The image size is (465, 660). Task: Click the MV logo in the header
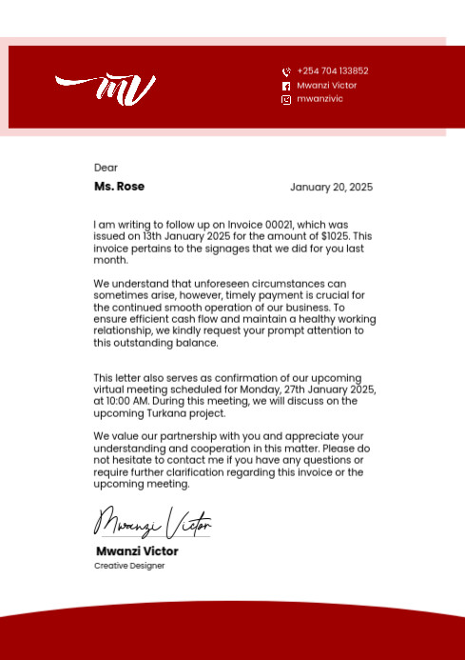tap(106, 89)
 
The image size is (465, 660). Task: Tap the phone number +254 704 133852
tap(332, 71)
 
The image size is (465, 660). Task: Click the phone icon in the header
tap(286, 72)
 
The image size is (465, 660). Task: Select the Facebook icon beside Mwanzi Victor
tap(286, 86)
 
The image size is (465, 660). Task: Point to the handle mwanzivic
tap(320, 99)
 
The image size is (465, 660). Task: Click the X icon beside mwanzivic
tap(286, 100)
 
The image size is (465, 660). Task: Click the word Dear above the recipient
tap(106, 168)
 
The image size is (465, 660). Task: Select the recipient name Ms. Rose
tap(119, 187)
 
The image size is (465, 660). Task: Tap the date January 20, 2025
tap(331, 188)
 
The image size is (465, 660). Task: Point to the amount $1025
tap(336, 236)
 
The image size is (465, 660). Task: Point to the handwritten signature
tap(152, 523)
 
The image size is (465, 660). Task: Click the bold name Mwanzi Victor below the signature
tap(137, 551)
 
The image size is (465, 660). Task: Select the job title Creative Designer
tap(129, 566)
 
